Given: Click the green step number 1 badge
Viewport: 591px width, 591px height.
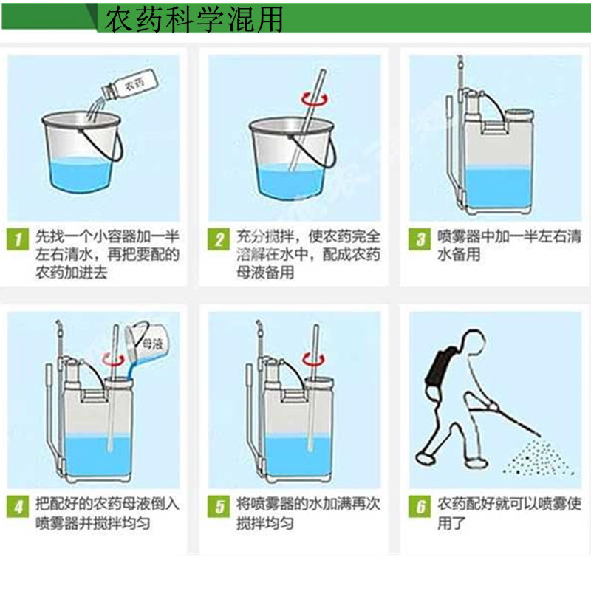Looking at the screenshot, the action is tap(18, 239).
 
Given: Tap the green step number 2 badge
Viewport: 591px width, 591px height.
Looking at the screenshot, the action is tap(219, 239).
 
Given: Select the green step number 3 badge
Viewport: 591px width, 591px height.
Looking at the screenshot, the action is tap(420, 239).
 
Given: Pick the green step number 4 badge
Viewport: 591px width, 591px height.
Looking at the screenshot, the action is tap(18, 506).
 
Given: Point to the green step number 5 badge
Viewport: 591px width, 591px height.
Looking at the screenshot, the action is tap(219, 506).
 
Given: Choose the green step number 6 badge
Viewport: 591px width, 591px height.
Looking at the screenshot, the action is tap(420, 506).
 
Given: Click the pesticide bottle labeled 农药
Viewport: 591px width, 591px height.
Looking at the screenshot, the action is tap(129, 84).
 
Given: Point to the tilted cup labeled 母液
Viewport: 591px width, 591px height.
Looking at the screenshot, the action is tap(148, 343).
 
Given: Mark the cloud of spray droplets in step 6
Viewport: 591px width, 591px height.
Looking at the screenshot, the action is tap(539, 457).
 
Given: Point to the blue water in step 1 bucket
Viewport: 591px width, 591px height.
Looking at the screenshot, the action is tap(81, 174).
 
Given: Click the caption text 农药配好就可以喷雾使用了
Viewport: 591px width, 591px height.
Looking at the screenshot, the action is tap(509, 513).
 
